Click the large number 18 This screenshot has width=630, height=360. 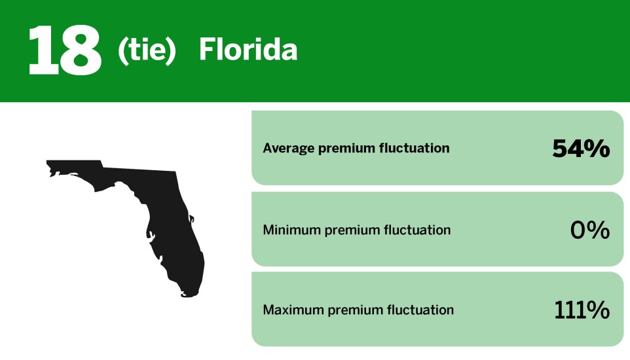click(x=64, y=50)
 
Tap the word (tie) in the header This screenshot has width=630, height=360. click(x=147, y=50)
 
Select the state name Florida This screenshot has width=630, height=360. click(x=248, y=50)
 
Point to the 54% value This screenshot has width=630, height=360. click(x=581, y=149)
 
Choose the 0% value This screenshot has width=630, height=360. click(x=590, y=230)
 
